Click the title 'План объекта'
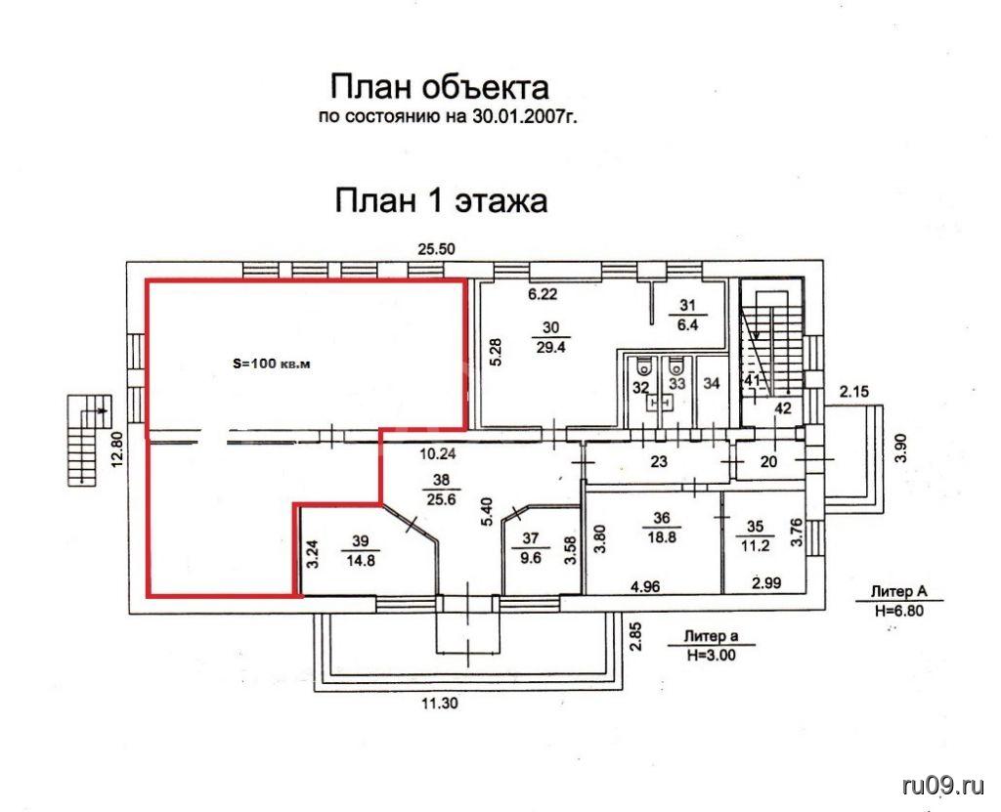pyautogui.click(x=439, y=87)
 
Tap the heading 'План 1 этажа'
pyautogui.click(x=441, y=199)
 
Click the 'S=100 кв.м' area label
pyautogui.click(x=271, y=364)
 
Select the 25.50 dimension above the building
pyautogui.click(x=437, y=249)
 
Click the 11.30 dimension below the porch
pyautogui.click(x=439, y=704)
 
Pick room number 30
pyautogui.click(x=551, y=327)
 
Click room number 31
pyautogui.click(x=687, y=305)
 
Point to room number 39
pyautogui.click(x=361, y=541)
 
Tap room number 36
pyautogui.click(x=662, y=518)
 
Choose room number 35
pyautogui.click(x=756, y=527)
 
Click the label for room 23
pyautogui.click(x=659, y=461)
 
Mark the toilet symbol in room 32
pyautogui.click(x=645, y=366)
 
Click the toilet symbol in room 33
pyautogui.click(x=675, y=366)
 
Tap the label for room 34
pyautogui.click(x=712, y=383)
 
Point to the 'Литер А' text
pyautogui.click(x=899, y=592)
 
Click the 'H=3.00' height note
pyautogui.click(x=712, y=655)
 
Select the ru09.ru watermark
pyautogui.click(x=943, y=786)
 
